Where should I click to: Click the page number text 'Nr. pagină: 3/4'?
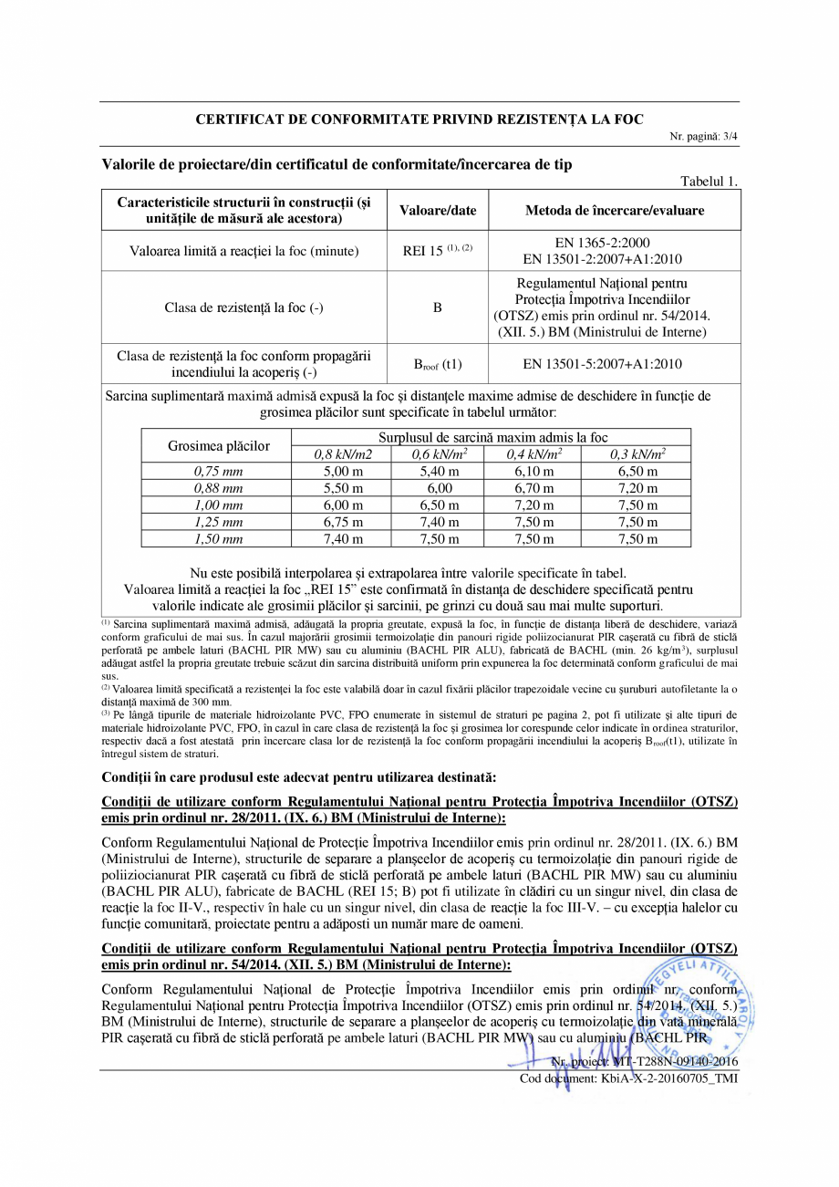tap(703, 136)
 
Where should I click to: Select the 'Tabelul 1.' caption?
tap(710, 182)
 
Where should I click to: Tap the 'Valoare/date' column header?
tap(438, 210)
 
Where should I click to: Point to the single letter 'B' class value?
tap(438, 307)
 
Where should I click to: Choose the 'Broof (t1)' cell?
tap(438, 365)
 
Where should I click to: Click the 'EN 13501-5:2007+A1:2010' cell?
tap(614, 364)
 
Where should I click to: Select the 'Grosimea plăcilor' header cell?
tap(219, 445)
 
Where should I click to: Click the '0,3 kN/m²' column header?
tap(637, 454)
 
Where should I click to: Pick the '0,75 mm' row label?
tap(219, 472)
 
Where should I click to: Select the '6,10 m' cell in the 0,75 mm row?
tap(533, 472)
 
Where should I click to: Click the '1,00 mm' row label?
tap(219, 505)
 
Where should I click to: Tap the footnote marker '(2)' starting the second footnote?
tap(106, 687)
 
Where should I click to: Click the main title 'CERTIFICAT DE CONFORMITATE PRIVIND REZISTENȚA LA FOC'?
tap(419, 120)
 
